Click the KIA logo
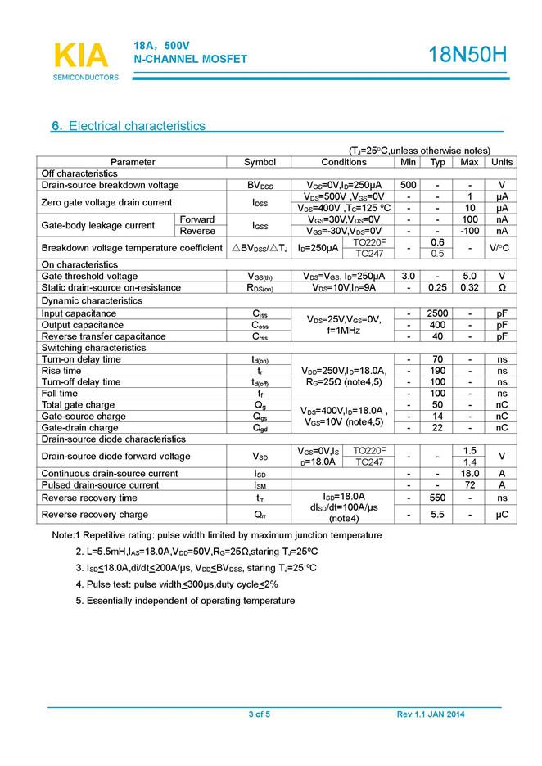tap(80, 56)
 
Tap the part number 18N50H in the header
tap(467, 55)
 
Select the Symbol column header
tap(260, 162)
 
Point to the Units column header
tap(502, 162)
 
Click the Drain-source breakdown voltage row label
tap(110, 185)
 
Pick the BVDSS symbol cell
tap(260, 186)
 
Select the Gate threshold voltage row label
tap(89, 276)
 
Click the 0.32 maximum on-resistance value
tap(469, 288)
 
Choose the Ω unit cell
tap(502, 288)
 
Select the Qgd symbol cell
tap(260, 428)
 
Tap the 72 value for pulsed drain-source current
tap(469, 485)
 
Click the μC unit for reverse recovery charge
tap(502, 515)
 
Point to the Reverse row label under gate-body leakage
tap(197, 231)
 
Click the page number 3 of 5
tap(259, 714)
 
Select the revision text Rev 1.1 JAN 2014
tap(431, 714)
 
